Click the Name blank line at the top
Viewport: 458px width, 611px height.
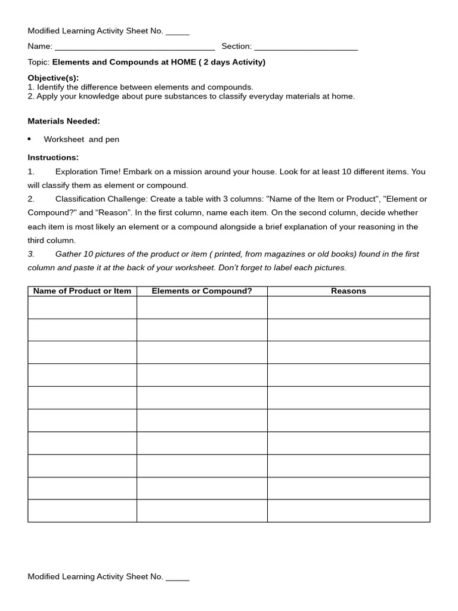pos(134,47)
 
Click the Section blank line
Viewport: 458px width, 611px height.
pos(306,47)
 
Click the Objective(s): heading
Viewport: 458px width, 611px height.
pos(53,78)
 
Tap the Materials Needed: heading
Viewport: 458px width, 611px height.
pos(64,121)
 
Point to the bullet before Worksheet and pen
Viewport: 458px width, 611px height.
pos(29,139)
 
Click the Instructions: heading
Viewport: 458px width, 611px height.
pos(53,158)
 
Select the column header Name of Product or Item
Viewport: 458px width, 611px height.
pos(82,291)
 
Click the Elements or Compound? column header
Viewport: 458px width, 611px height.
pos(202,291)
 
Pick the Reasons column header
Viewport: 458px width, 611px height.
pos(348,291)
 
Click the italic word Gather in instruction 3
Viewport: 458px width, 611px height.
pos(68,254)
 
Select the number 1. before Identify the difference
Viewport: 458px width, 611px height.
pos(31,87)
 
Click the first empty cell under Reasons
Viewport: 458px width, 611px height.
pos(348,307)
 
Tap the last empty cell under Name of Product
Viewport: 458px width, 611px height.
pos(82,511)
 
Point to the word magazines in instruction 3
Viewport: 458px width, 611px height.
pos(271,254)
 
